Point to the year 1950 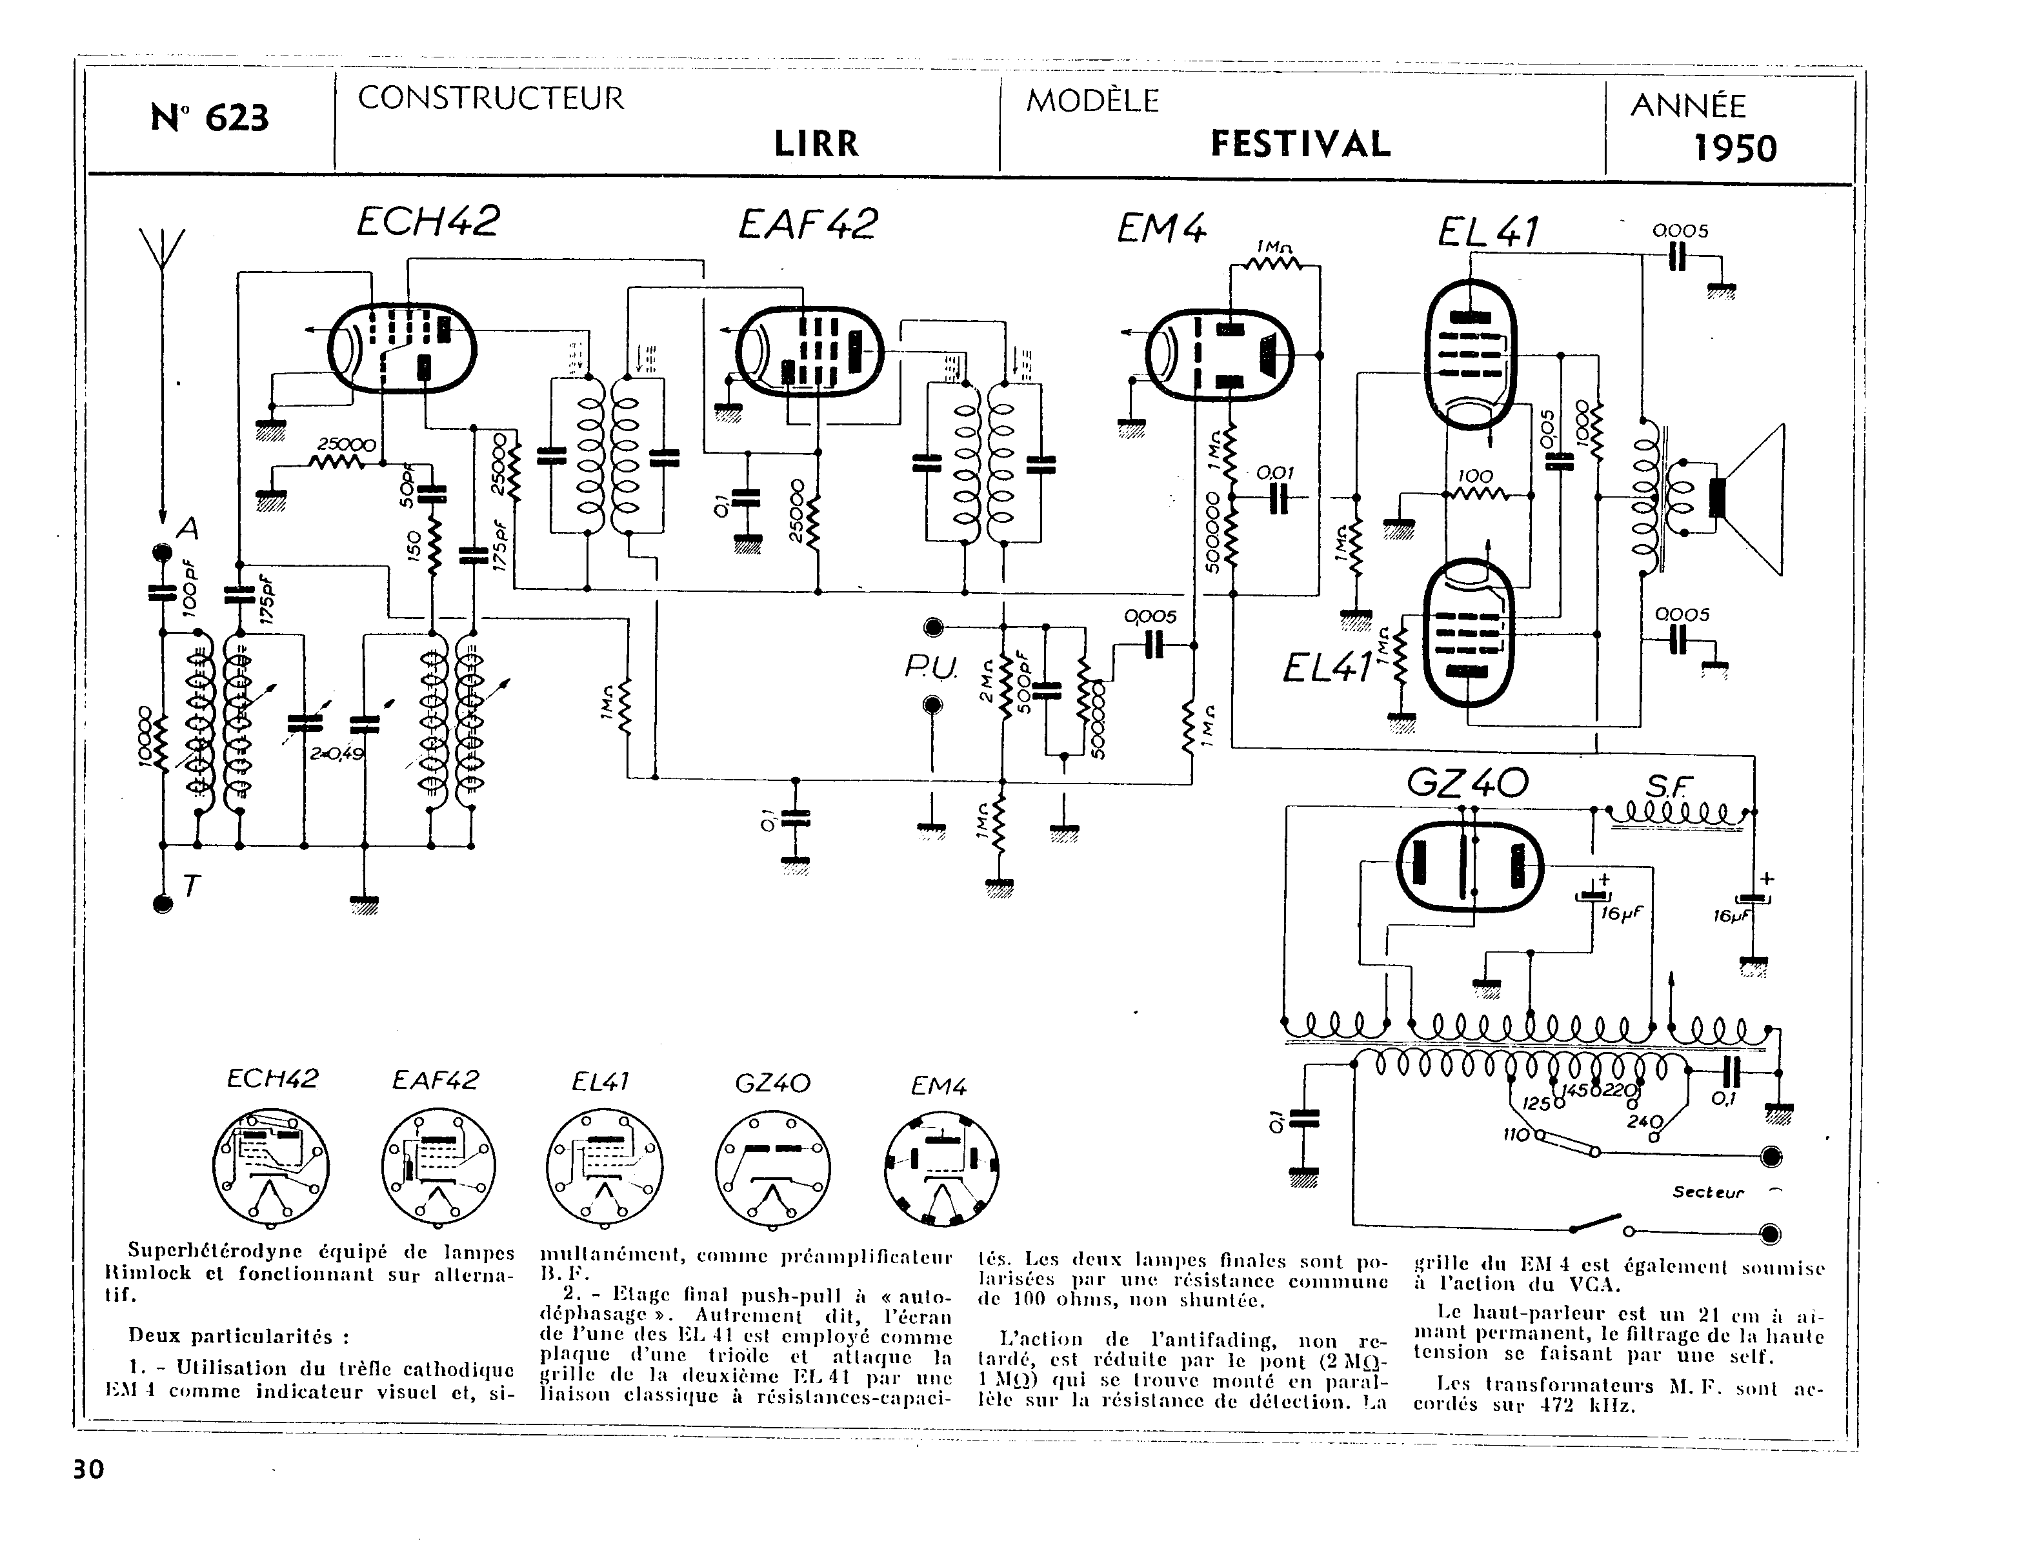[x=1735, y=148]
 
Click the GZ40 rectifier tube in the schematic [x=1469, y=864]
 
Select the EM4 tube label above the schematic [x=1161, y=228]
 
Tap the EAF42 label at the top [x=808, y=224]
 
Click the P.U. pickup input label [x=931, y=669]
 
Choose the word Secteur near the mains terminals [x=1708, y=1192]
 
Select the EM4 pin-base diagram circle [x=941, y=1169]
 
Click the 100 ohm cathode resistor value [x=1475, y=476]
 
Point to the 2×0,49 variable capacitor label [x=337, y=753]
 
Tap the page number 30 [x=88, y=1469]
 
